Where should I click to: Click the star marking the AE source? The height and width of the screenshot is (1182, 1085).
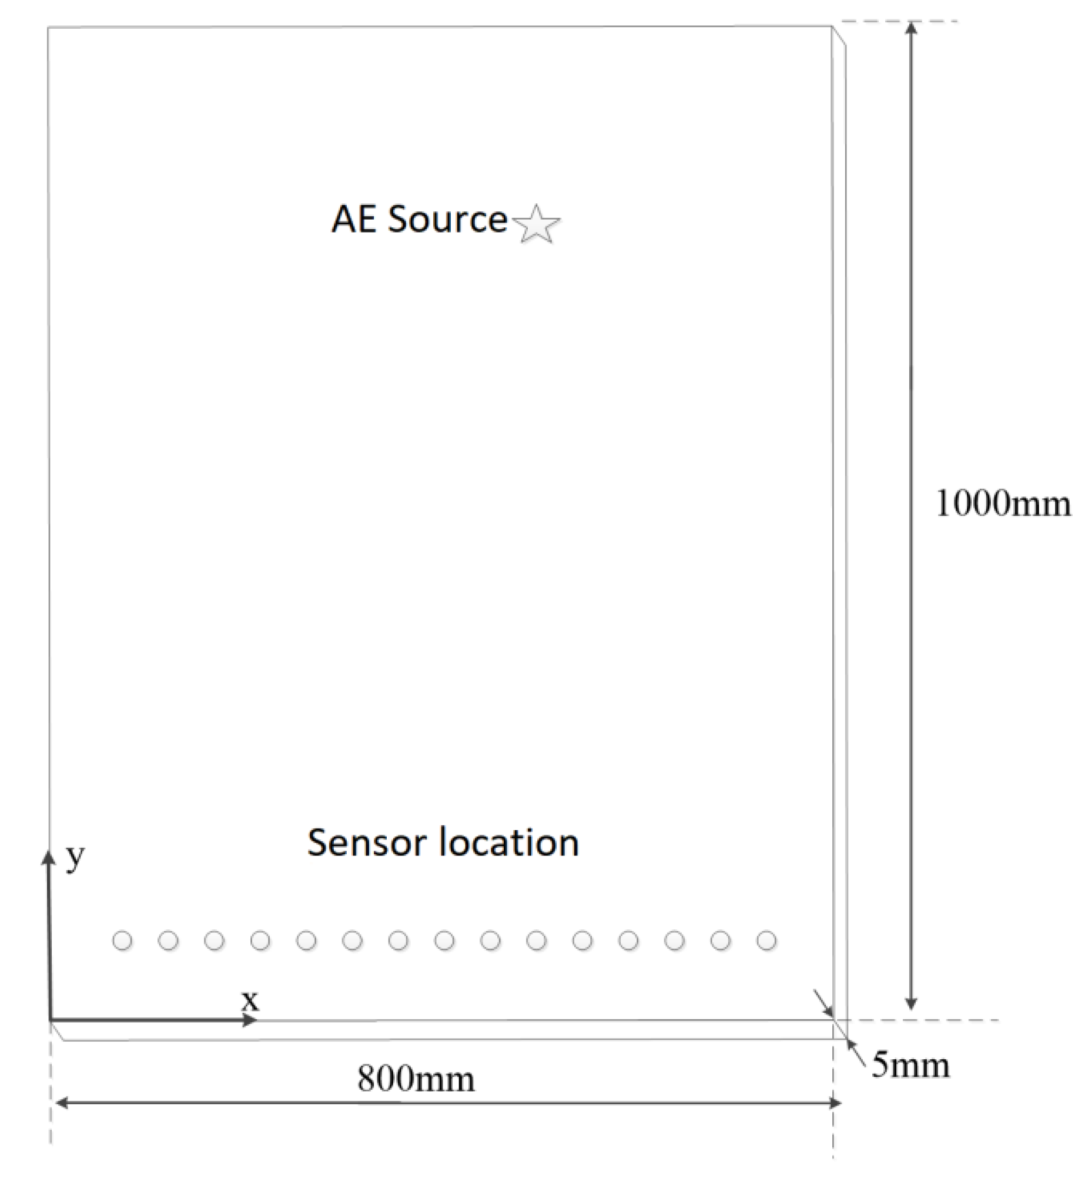536,225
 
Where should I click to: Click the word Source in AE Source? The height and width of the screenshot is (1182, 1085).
447,220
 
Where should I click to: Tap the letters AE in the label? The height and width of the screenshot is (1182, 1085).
354,220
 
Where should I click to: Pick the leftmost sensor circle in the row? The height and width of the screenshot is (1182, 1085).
122,941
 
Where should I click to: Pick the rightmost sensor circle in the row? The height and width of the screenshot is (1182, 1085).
766,941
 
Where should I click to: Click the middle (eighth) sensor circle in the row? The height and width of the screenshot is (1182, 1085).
444,941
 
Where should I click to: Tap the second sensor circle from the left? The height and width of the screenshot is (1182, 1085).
168,941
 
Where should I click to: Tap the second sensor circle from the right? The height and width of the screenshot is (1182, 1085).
720,941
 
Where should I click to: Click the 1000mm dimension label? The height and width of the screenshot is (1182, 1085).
1003,504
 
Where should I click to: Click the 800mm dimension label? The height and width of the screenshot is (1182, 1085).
416,1079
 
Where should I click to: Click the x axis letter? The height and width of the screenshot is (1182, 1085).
250,1000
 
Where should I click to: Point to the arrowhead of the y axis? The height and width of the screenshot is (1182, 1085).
48,859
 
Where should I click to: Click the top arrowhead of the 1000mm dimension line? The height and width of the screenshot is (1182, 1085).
910,28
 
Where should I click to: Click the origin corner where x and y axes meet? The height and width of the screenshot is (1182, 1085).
49,1020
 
